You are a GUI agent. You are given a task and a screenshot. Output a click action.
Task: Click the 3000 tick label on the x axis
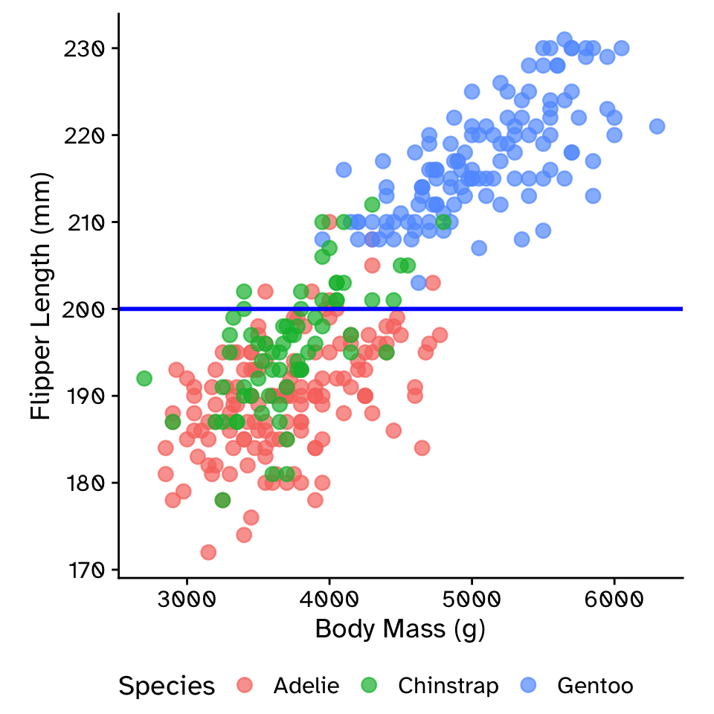coord(187,599)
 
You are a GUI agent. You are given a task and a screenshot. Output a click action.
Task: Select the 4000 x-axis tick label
coord(329,599)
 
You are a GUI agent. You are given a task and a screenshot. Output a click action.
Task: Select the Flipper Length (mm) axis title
coord(42,296)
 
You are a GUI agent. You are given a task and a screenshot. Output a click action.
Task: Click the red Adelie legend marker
coord(245,685)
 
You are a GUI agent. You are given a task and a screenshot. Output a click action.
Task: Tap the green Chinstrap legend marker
coord(370,685)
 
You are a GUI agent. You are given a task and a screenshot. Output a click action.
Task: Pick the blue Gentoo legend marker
coord(529,685)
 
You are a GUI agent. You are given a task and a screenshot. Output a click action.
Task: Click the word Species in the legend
coord(167,686)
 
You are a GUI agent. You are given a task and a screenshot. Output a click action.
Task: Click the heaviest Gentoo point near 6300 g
coord(657,126)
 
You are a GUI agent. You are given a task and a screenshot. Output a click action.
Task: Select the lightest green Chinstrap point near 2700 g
coord(144,379)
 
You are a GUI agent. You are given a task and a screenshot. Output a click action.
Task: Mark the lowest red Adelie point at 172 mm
coord(208,552)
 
